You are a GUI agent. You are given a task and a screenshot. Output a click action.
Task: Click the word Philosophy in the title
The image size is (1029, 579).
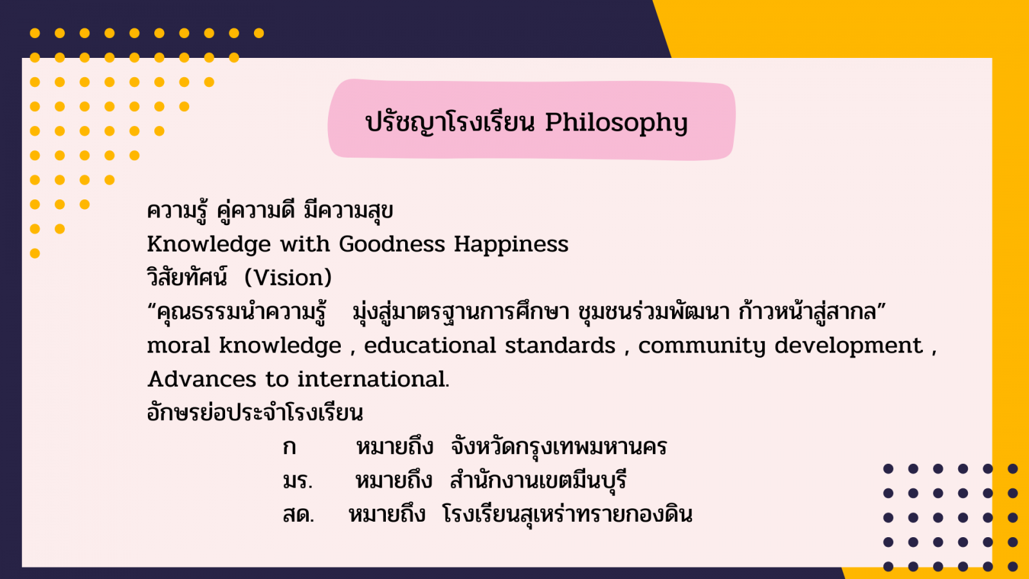(616, 123)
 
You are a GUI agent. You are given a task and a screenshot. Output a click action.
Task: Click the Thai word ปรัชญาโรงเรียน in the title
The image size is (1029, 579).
(450, 123)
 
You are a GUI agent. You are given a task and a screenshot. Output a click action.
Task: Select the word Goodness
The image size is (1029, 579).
(392, 244)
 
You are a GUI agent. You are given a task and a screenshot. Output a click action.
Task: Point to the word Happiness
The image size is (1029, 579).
(511, 244)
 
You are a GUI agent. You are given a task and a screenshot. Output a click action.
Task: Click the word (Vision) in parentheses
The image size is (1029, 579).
(288, 277)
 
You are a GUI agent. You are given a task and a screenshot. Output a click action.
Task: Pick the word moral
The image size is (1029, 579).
(179, 345)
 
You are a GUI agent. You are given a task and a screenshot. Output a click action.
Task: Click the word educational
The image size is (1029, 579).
(430, 345)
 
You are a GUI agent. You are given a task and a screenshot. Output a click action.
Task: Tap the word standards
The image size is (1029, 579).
(560, 345)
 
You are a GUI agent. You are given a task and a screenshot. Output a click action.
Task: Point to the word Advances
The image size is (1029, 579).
(201, 380)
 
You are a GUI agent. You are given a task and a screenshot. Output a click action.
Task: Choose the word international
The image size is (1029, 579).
(373, 380)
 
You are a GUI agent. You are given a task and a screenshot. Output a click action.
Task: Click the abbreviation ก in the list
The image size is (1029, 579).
(289, 447)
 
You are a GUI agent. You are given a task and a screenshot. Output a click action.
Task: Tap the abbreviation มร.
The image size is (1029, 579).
(298, 481)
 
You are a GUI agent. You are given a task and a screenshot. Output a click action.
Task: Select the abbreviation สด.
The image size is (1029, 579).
(298, 515)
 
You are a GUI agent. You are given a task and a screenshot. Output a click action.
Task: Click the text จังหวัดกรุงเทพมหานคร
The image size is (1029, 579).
(559, 446)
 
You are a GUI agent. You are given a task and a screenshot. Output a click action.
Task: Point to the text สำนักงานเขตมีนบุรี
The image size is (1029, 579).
(538, 480)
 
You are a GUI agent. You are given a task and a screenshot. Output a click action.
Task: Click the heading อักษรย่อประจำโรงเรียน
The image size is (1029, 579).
(255, 412)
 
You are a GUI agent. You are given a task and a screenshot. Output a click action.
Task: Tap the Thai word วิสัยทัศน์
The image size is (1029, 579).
(187, 277)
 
